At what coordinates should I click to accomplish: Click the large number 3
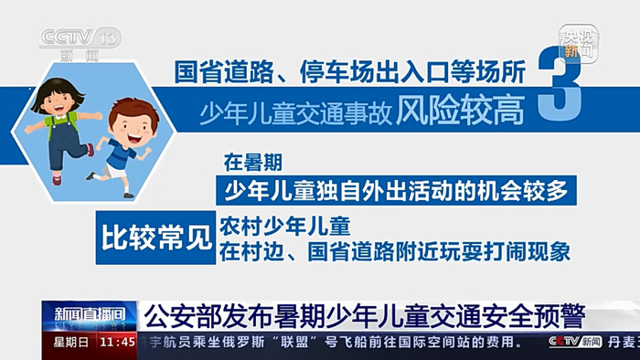pos(560,83)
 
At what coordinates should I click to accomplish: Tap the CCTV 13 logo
pos(80,44)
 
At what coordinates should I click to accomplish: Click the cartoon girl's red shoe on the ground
pos(57,180)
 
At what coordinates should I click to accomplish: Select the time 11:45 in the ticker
pos(118,342)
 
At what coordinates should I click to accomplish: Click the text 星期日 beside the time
pos(70,342)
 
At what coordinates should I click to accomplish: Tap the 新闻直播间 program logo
pos(90,316)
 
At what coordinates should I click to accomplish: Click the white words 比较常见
pos(156,238)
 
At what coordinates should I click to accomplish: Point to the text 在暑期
pos(253,163)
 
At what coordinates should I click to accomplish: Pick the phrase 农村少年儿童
pos(285,227)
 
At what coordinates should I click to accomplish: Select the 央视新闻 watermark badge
pos(579,43)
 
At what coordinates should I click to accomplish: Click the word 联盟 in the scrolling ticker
pos(293,342)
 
